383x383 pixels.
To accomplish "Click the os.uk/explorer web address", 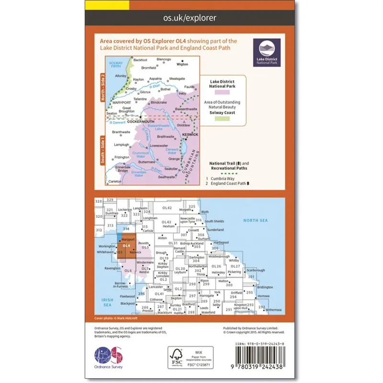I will coord(191,18).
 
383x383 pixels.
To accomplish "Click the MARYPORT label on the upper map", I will coord(122,102).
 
